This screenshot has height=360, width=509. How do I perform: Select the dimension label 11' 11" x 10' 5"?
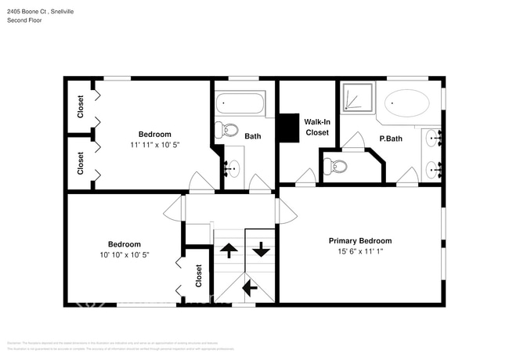[154, 145]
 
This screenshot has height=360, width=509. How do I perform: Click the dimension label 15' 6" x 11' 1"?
[359, 252]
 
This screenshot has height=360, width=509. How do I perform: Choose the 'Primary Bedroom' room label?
[359, 241]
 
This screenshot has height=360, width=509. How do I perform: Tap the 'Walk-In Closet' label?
[317, 127]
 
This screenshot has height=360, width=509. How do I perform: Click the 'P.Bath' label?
[390, 138]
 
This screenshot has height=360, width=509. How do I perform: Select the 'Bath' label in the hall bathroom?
[253, 136]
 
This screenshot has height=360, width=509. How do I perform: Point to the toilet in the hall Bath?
[229, 129]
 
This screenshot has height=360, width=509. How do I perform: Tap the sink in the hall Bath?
[232, 167]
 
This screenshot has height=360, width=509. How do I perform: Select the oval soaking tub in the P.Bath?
[407, 103]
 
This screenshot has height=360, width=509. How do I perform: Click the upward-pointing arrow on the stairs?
[229, 250]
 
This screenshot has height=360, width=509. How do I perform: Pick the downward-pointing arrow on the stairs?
[260, 250]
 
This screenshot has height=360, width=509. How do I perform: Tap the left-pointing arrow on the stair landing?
[250, 288]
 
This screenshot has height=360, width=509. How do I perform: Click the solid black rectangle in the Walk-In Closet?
[290, 128]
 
